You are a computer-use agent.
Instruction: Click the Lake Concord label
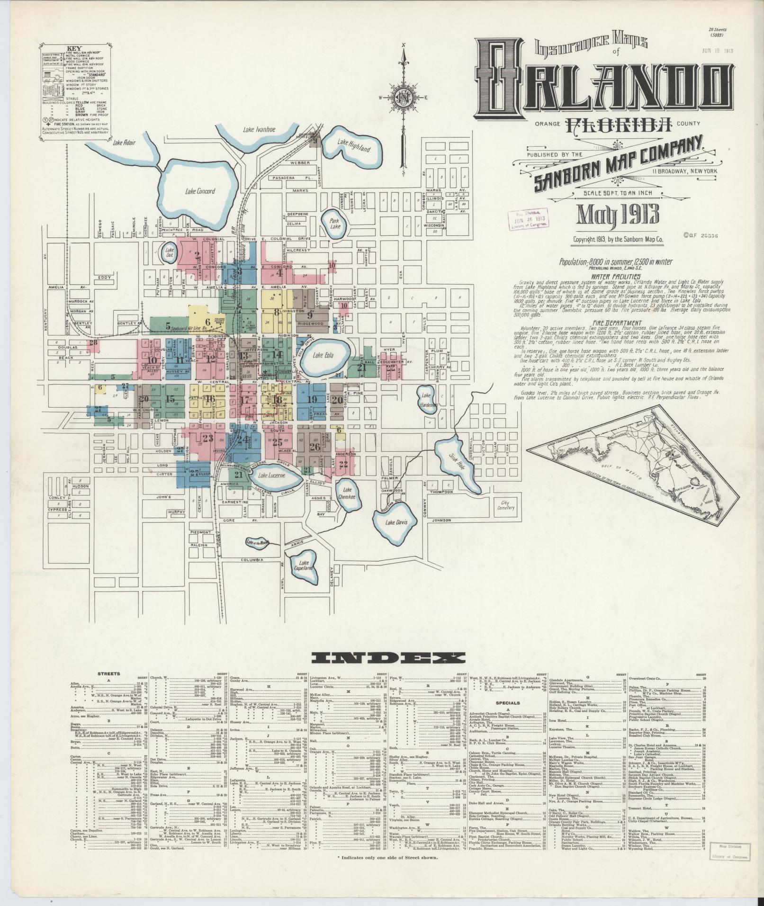click(x=200, y=191)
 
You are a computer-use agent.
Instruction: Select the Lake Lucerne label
click(x=272, y=475)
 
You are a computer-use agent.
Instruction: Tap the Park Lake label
click(x=335, y=224)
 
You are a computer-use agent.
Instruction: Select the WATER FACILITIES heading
click(x=616, y=276)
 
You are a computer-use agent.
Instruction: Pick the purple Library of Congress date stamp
click(x=527, y=218)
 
